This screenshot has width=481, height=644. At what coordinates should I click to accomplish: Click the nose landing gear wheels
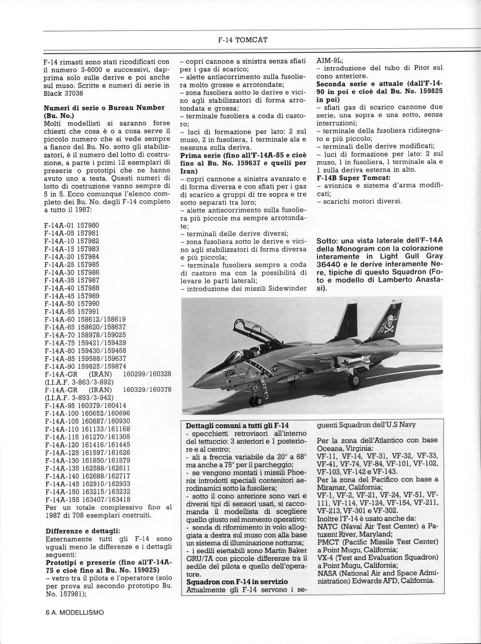click(256, 402)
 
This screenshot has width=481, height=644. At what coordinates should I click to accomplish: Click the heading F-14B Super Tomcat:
click(353, 177)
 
